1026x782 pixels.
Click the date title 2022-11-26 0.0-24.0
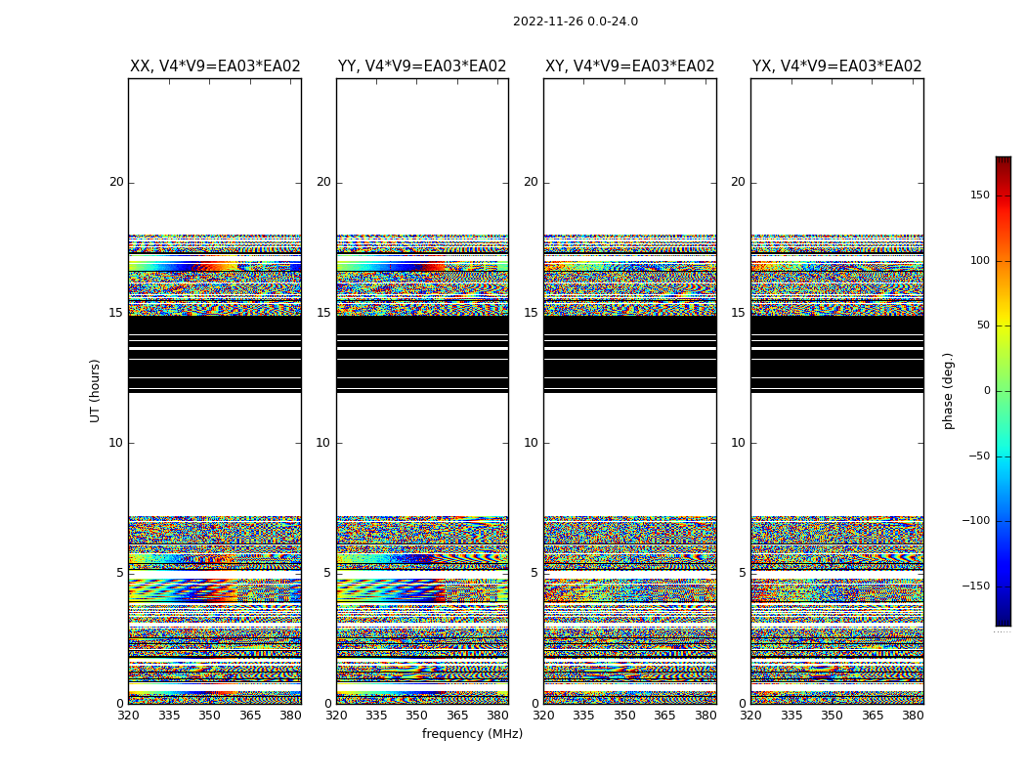click(x=575, y=22)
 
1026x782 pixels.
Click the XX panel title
click(x=215, y=66)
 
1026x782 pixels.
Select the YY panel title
click(x=422, y=66)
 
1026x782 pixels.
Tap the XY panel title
click(x=629, y=66)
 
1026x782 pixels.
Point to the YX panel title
click(x=836, y=66)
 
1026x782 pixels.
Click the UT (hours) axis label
click(x=96, y=390)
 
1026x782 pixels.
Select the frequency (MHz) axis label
click(x=472, y=734)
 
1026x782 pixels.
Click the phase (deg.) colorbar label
click(x=948, y=390)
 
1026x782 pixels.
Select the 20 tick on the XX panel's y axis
click(x=116, y=182)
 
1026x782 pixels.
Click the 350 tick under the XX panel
click(x=210, y=716)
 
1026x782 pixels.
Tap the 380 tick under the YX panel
click(x=913, y=716)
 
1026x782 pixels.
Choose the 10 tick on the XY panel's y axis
click(x=532, y=443)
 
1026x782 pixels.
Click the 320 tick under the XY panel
click(x=543, y=716)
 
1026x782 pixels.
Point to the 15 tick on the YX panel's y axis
click(x=739, y=313)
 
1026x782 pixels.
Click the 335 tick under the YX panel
click(x=791, y=716)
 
